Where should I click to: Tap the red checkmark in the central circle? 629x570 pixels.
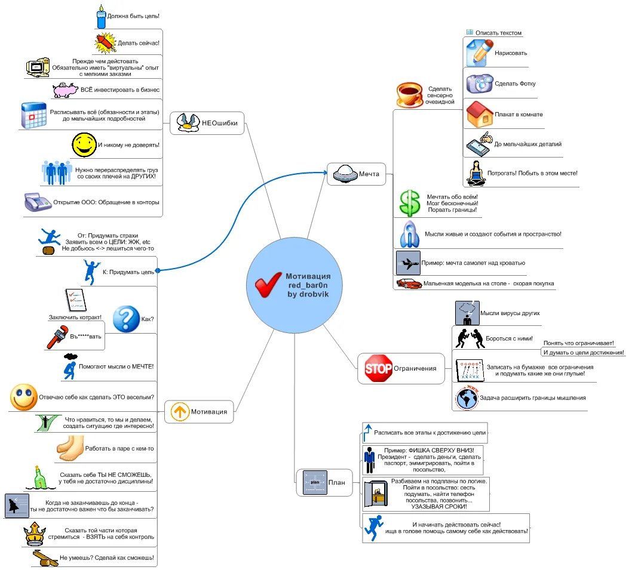268,285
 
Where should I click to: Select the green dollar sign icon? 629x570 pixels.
409,203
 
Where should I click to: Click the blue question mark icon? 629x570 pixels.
126,319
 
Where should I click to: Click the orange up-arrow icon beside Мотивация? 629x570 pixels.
179,411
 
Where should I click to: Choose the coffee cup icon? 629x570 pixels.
410,94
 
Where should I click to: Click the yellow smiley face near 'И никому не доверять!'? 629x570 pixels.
84,144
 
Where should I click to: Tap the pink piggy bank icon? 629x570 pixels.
65,90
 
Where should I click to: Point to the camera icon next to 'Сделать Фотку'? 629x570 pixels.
478,84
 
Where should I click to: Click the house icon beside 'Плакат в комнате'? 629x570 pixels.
478,114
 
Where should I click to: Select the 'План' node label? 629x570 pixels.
337,482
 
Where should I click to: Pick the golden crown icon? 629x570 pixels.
33,533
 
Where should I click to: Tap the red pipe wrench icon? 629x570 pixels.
59,337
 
